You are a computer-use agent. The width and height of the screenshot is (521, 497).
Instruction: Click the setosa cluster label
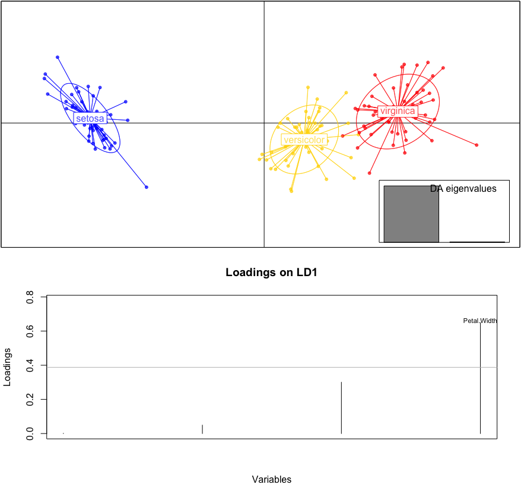pos(90,119)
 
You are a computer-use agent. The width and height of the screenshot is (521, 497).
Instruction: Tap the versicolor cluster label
pos(304,140)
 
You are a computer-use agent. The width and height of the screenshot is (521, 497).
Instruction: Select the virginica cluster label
pos(398,111)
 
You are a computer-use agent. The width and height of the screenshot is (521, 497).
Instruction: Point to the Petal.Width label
pos(480,321)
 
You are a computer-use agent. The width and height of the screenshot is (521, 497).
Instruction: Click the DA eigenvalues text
pos(463,189)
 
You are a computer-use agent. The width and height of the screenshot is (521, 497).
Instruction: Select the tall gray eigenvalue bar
pos(411,214)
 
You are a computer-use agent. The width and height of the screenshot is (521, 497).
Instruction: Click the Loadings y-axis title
pos(8,367)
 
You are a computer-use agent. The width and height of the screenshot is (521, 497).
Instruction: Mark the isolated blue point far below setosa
pos(147,187)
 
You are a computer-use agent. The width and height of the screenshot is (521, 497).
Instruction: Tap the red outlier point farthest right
pos(476,145)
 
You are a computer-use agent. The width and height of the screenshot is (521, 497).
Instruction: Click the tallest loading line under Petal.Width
pos(480,380)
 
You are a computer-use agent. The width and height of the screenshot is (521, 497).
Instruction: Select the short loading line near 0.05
pos(202,429)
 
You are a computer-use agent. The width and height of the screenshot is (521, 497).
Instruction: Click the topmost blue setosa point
pos(58,57)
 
